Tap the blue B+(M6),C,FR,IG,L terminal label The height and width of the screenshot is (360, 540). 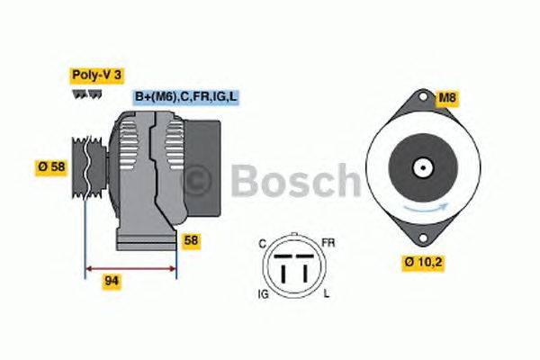[186, 96]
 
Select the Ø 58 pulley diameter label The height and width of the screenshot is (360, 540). [51, 166]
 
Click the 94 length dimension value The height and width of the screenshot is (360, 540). [112, 281]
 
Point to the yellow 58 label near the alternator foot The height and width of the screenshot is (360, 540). [191, 240]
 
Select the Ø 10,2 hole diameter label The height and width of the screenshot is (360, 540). [421, 262]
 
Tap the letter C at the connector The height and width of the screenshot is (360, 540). [262, 242]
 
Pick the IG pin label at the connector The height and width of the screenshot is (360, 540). [262, 295]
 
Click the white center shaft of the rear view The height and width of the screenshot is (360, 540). [421, 167]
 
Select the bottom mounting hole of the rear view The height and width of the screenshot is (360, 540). [421, 238]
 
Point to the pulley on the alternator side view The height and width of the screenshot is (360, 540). [86, 167]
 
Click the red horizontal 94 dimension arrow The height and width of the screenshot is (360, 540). [130, 267]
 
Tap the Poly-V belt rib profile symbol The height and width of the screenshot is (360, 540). [82, 94]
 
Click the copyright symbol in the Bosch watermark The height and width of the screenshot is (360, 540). [203, 180]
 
